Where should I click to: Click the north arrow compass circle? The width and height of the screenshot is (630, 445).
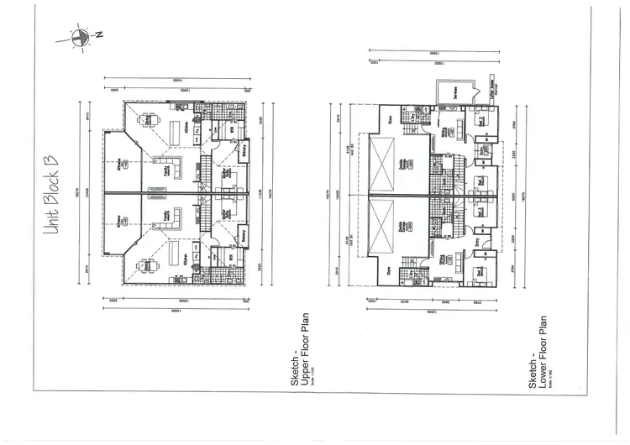coord(81,36)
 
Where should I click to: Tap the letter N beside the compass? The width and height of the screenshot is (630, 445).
coord(98,35)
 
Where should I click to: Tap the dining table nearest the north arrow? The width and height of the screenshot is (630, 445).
coord(148,121)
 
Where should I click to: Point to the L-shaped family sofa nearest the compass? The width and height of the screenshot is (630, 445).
coord(169,166)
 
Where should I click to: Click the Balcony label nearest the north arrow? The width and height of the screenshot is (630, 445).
coord(245,154)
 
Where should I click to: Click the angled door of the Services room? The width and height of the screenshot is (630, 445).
coord(438,106)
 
